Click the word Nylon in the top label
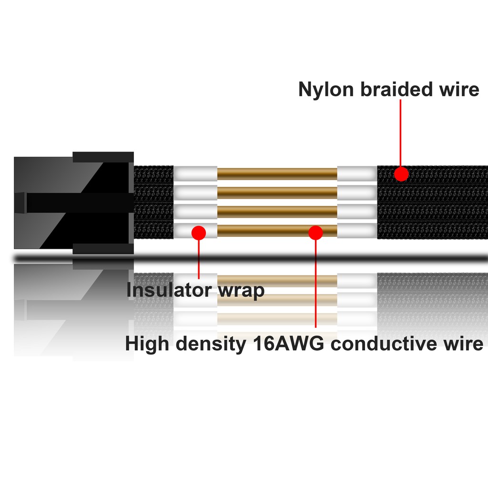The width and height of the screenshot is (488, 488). (325, 90)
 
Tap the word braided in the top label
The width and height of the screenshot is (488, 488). (399, 90)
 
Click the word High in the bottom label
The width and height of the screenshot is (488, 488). (147, 344)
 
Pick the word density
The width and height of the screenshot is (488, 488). (210, 344)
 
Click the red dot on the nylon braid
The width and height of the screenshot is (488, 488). (401, 174)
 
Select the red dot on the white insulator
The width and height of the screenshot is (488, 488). (198, 233)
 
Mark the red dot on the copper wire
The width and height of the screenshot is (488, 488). (315, 232)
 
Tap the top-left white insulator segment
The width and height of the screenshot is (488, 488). (195, 173)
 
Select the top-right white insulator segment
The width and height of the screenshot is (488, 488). (356, 173)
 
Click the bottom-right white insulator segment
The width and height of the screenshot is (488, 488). (356, 231)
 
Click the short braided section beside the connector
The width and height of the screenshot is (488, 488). (153, 203)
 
